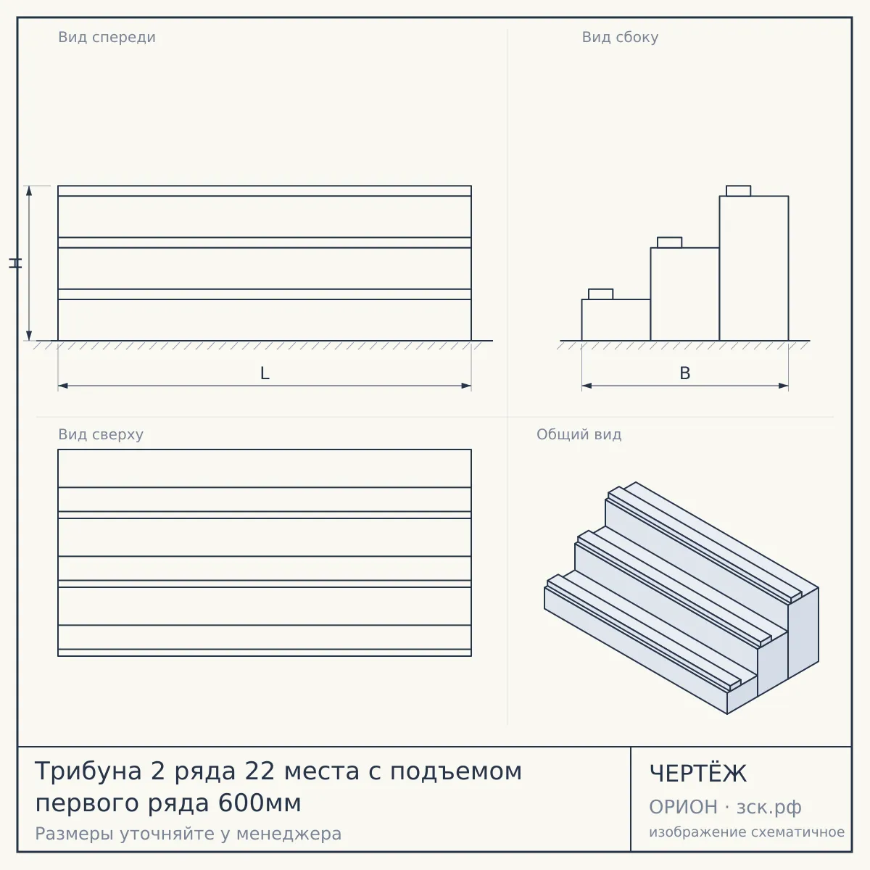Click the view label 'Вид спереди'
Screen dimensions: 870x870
tap(107, 37)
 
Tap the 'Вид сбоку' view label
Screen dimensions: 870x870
tap(620, 37)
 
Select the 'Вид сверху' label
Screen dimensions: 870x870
tap(101, 434)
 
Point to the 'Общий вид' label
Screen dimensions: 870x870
tap(579, 434)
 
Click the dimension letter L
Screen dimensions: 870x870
tap(265, 373)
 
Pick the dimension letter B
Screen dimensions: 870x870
tap(685, 373)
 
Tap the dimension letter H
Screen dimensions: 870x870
tap(15, 263)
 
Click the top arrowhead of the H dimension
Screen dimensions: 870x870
tap(29, 191)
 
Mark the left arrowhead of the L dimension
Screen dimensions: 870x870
tap(63, 386)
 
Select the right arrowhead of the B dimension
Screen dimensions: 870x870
tap(783, 386)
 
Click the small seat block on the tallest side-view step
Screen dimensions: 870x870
tap(738, 191)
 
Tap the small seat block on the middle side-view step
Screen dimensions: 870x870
tap(669, 242)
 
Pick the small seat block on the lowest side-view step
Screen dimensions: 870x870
tap(600, 294)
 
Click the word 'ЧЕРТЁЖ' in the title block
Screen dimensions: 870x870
tap(697, 774)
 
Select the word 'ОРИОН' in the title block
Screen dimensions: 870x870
tap(683, 807)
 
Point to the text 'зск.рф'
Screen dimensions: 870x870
tap(769, 808)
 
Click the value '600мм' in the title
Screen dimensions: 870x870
tap(259, 803)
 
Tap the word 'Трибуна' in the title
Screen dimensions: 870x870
tap(88, 771)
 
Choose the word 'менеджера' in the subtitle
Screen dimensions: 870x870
tap(289, 834)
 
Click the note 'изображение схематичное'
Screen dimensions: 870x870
tap(747, 832)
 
